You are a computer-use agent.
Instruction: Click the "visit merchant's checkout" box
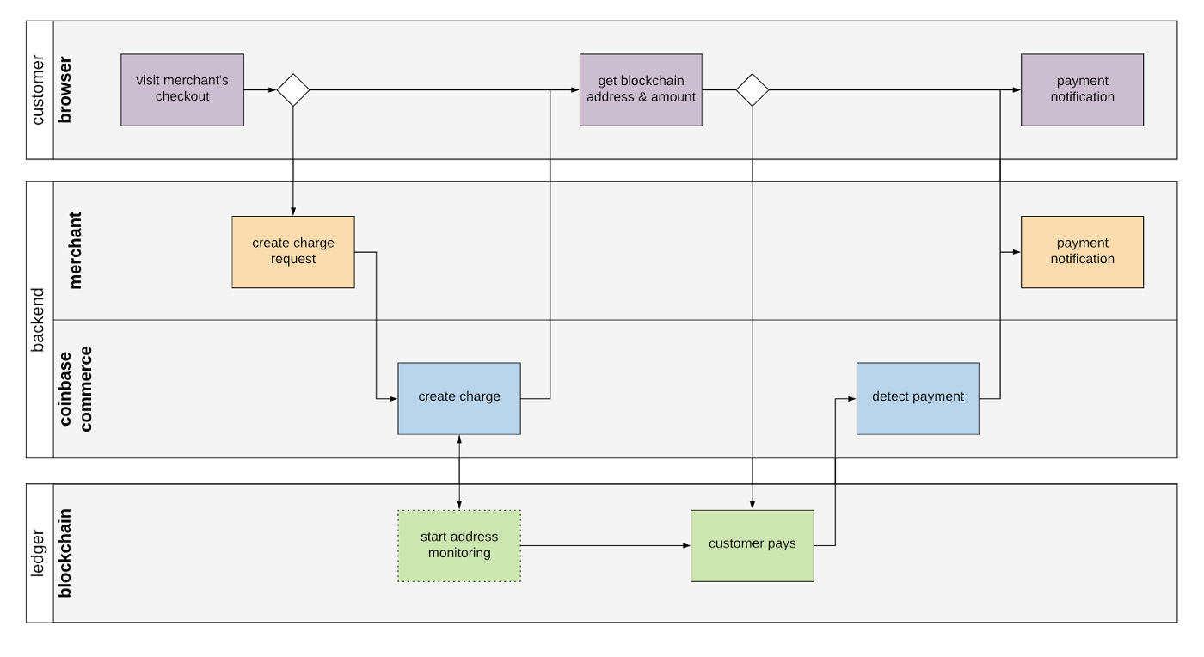(x=182, y=89)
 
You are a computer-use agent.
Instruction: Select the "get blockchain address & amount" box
(x=641, y=89)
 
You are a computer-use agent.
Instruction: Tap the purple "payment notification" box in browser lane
(x=1082, y=89)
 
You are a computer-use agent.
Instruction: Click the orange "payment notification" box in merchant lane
(x=1082, y=252)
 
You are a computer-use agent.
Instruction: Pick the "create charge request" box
(x=293, y=252)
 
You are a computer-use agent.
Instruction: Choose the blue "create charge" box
(x=459, y=398)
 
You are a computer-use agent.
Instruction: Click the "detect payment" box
(x=918, y=398)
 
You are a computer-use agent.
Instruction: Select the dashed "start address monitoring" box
(x=459, y=546)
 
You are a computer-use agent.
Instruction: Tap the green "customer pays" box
(x=752, y=546)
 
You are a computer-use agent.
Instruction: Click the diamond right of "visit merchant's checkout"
(x=293, y=89)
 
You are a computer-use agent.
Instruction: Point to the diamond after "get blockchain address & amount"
(x=752, y=89)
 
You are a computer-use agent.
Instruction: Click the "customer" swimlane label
(x=38, y=89)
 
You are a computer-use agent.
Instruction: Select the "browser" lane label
(x=64, y=89)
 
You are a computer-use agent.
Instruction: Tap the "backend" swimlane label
(x=38, y=320)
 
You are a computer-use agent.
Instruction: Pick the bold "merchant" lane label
(x=75, y=250)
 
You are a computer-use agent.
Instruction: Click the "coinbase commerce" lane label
(x=76, y=389)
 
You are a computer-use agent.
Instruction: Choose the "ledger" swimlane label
(x=38, y=553)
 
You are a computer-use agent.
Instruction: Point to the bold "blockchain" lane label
(x=64, y=553)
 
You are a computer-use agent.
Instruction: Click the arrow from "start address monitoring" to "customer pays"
(x=605, y=546)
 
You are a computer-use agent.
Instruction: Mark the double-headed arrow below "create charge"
(x=459, y=472)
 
